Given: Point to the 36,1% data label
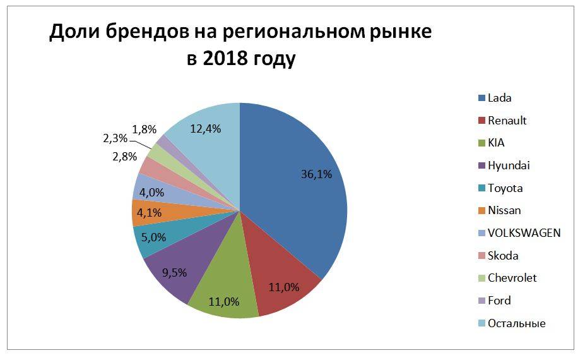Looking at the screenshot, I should coord(316,175).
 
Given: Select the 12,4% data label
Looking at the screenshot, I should coord(205,129).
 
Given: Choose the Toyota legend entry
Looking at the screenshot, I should coord(505,188).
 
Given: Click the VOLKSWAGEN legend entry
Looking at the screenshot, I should coord(524,233).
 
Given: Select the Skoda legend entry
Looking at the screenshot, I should coord(503,256).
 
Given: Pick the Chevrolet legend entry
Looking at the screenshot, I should coord(512,278).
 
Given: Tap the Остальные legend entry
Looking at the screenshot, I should coord(516,323).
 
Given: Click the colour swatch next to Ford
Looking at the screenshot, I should coord(482,301).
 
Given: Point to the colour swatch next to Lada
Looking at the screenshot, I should coord(482,99).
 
